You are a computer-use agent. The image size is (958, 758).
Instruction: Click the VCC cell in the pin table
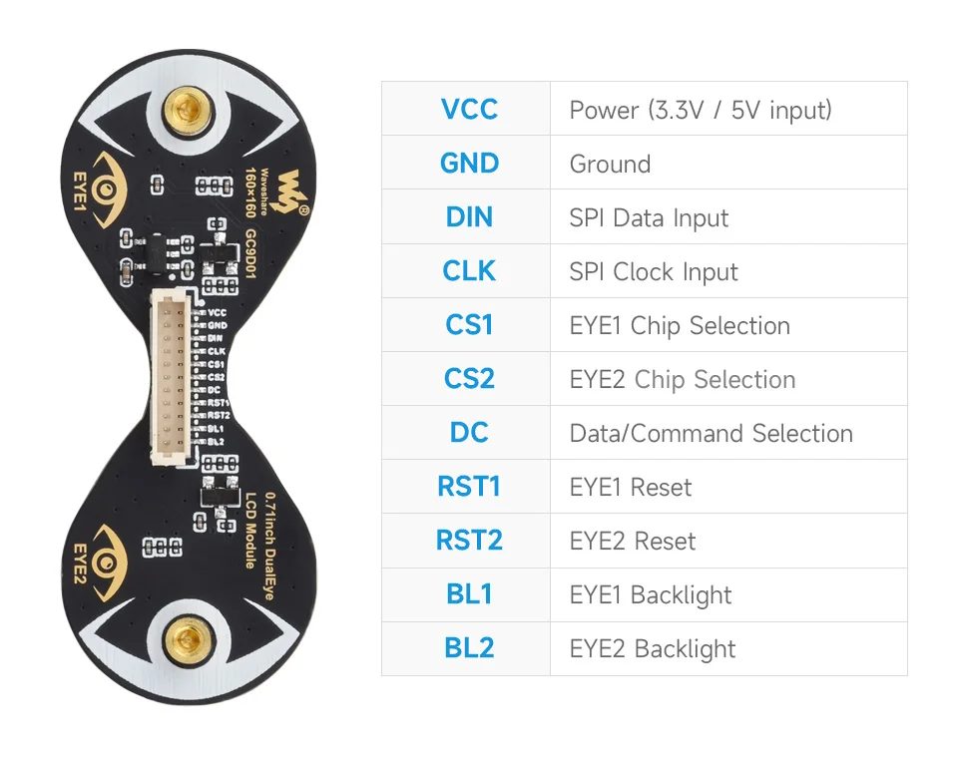tap(468, 109)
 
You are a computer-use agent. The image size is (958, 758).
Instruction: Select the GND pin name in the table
tap(468, 163)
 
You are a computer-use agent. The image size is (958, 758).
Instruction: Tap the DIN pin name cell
tap(468, 216)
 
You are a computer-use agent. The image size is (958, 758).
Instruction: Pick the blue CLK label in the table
tap(468, 270)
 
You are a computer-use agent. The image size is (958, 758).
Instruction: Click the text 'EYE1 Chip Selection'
tap(679, 325)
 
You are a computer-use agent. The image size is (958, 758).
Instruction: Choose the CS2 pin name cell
tap(468, 379)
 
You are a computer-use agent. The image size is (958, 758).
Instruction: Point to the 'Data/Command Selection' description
tap(711, 433)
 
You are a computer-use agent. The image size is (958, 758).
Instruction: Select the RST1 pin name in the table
tap(468, 487)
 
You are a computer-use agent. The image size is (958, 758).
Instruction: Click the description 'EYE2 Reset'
tap(632, 541)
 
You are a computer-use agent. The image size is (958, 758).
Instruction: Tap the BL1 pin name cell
tap(468, 594)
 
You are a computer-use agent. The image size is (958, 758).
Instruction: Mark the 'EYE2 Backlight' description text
tap(652, 648)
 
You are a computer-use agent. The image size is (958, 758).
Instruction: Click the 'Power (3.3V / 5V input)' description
tap(700, 110)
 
